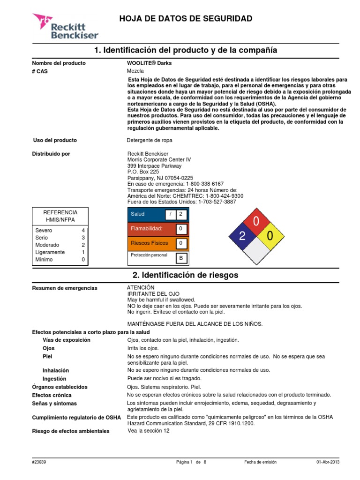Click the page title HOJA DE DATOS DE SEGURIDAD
coord(186,19)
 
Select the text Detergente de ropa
coord(150,140)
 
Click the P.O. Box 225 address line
coord(143,172)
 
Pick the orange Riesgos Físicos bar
coord(150,243)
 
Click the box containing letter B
coord(181,258)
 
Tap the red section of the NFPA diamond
coord(255,222)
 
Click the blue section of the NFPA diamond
coord(242,236)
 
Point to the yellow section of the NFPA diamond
coord(270,236)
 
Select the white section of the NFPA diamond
coord(255,251)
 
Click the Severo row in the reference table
coord(60,231)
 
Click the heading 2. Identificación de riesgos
coord(186,275)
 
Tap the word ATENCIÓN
coord(141,287)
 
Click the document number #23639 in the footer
coord(39,462)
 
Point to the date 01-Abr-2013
coord(328,462)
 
